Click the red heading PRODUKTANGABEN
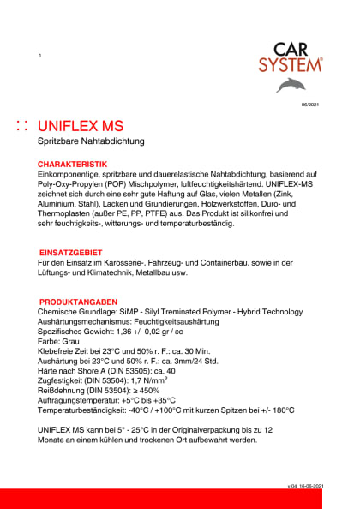tap(78, 302)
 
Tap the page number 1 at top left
tap(40, 56)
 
